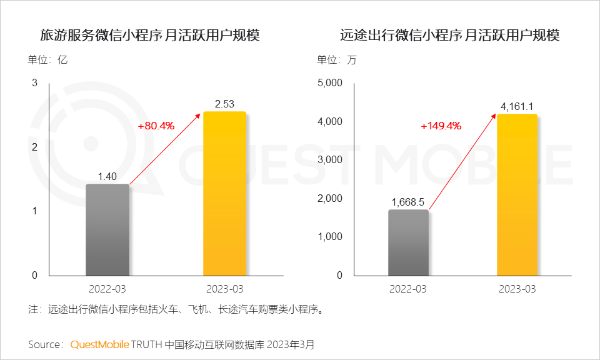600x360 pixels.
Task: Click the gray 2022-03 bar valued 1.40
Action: coord(107,230)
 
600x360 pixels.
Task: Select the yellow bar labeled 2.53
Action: coord(224,194)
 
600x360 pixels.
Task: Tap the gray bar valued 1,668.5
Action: coord(408,242)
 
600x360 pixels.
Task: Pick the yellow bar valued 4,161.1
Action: coord(517,194)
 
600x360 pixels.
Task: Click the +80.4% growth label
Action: coord(156,126)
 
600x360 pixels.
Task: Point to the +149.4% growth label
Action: coord(441,126)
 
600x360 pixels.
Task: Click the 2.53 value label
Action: coord(224,104)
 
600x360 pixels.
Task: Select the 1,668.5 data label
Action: coord(408,202)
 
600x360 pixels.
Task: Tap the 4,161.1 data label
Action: coord(517,106)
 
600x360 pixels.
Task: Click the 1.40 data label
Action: coord(107,176)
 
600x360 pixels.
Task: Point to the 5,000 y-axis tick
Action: coord(331,83)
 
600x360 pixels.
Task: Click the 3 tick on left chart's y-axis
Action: coord(35,83)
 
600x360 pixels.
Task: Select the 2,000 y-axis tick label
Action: coord(331,198)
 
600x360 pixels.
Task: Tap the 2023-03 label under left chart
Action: coord(224,289)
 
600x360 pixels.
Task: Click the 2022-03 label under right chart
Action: coord(408,289)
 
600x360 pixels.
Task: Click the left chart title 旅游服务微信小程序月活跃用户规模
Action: coord(149,36)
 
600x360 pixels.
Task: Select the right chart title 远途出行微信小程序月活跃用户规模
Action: coord(449,36)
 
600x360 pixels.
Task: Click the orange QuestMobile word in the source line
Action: coord(99,344)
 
